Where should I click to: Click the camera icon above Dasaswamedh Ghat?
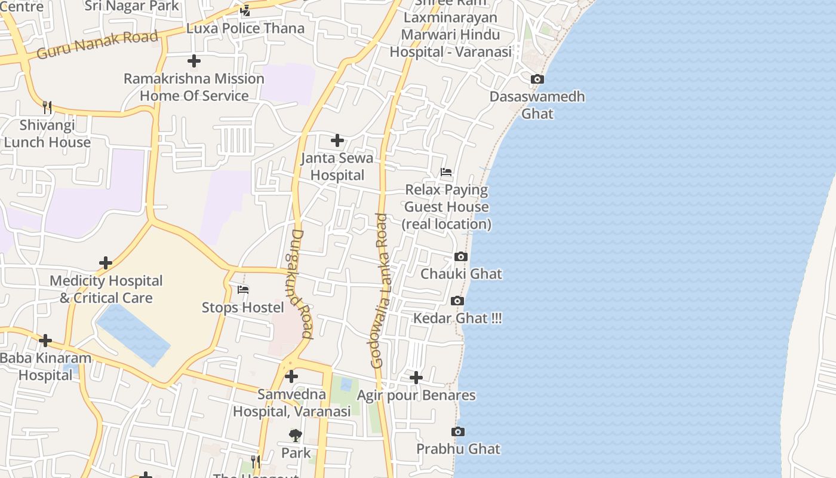click(537, 79)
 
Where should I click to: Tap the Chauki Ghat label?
click(461, 274)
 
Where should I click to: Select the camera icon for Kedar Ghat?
click(457, 301)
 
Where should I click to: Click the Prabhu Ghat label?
click(458, 449)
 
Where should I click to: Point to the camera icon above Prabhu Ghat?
click(458, 431)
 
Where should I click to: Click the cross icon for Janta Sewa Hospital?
click(337, 140)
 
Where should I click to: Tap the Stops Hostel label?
click(242, 307)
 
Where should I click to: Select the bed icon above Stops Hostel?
click(243, 290)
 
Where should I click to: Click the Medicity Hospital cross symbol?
click(106, 263)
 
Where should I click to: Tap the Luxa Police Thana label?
click(245, 28)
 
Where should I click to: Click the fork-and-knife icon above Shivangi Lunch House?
click(47, 108)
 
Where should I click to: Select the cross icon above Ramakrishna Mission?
click(193, 61)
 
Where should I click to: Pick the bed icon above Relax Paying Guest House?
click(446, 172)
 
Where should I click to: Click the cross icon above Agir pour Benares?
click(416, 378)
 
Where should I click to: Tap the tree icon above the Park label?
click(296, 435)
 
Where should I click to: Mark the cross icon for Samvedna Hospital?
click(291, 376)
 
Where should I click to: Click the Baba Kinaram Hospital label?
click(45, 366)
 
